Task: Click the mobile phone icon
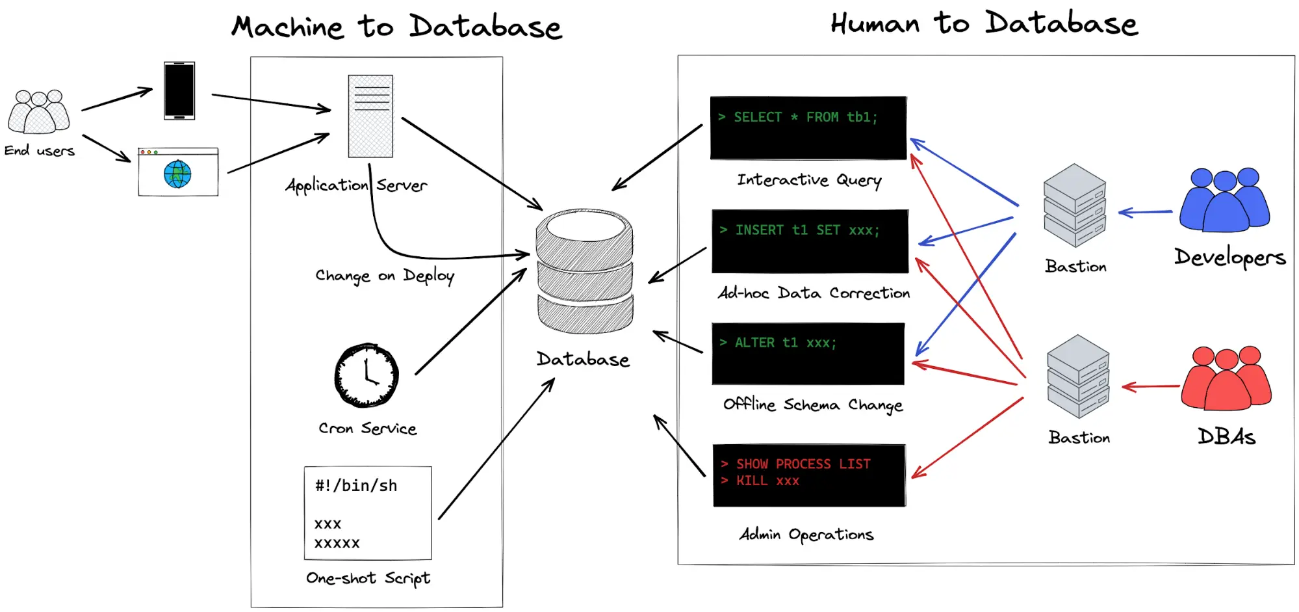179,90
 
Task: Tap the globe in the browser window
177,174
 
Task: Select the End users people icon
39,111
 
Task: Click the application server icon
370,116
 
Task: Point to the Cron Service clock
367,375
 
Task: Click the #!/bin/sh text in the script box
356,486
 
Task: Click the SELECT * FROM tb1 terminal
808,127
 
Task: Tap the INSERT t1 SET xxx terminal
810,241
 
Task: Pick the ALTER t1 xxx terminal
808,353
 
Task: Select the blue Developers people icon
1224,200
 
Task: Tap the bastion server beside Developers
1075,205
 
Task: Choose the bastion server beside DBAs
1078,376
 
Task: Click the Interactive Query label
809,180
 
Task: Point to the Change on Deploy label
385,276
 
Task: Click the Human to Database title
984,23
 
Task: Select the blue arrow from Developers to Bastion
1145,212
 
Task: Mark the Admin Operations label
806,535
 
